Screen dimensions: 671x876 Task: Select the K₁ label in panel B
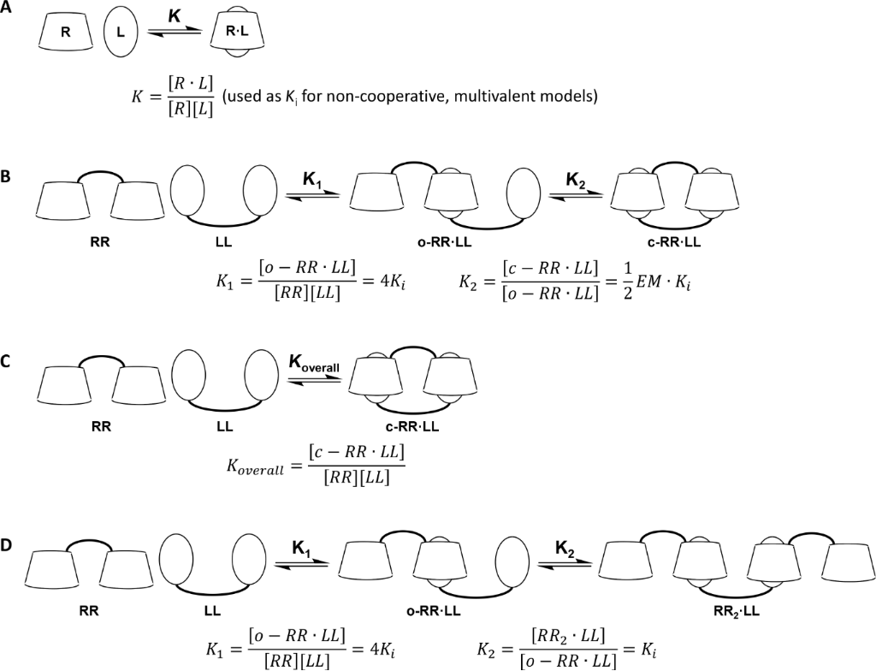314,181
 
